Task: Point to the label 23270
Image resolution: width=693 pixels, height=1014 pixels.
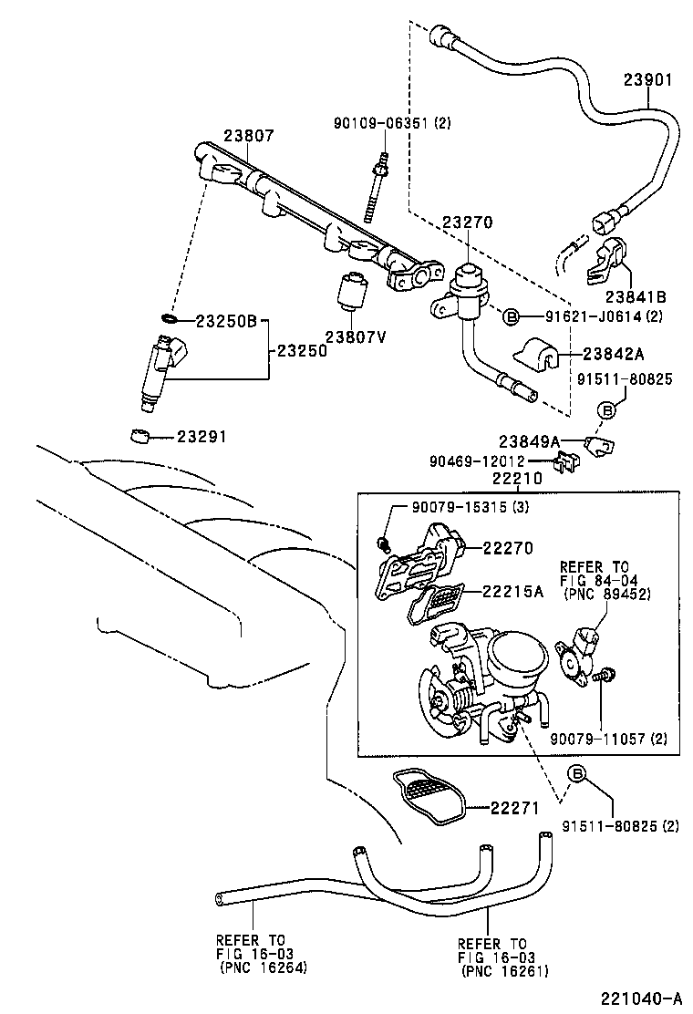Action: point(468,222)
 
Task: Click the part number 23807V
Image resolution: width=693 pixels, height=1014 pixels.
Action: point(356,336)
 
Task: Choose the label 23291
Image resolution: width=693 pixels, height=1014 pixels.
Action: point(202,437)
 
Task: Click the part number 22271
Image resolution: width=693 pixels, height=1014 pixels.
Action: point(515,807)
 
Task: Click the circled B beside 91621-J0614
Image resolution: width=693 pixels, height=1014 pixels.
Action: point(512,316)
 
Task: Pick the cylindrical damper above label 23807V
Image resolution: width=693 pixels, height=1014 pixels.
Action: point(353,291)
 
